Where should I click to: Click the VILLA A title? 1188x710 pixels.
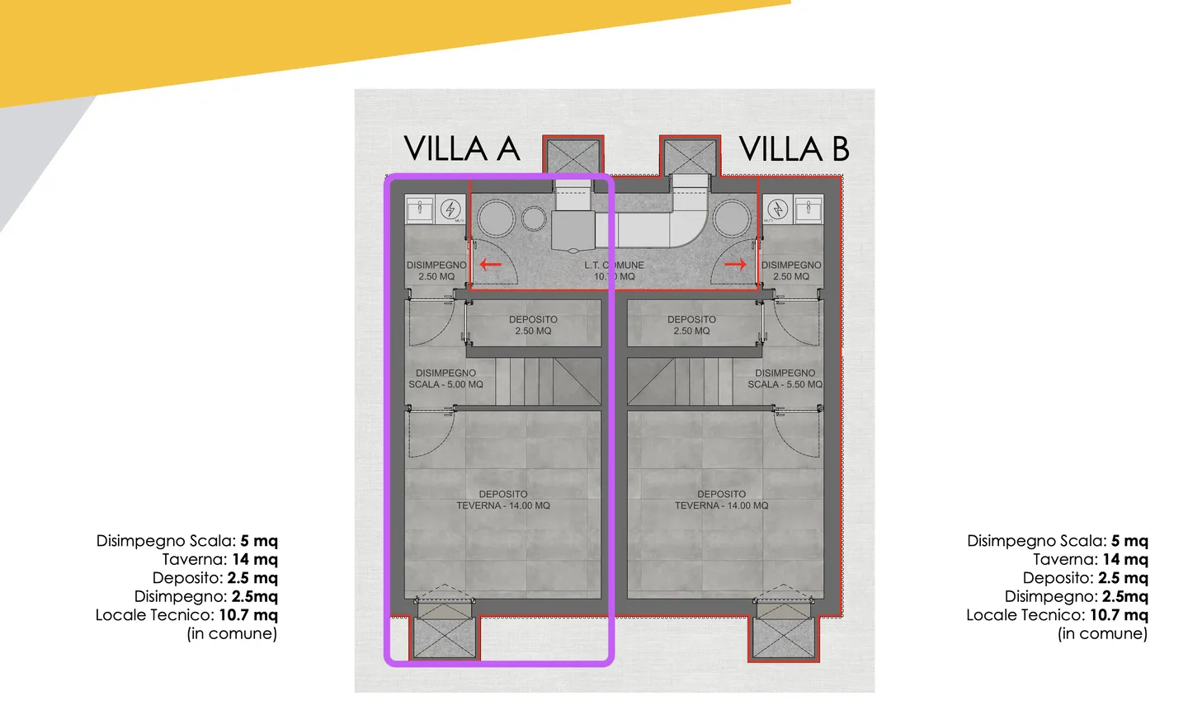[461, 149]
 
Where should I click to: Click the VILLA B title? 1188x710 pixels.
[794, 149]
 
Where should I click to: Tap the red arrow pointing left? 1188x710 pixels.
[491, 265]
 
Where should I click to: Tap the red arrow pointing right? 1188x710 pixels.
[735, 265]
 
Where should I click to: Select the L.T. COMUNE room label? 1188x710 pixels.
[614, 270]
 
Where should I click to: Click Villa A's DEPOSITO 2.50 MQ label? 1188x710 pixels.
[533, 325]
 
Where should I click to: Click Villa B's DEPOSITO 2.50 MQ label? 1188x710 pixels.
[691, 325]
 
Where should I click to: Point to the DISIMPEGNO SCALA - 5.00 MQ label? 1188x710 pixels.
[445, 379]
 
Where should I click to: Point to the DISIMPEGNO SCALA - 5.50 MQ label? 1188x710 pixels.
[785, 379]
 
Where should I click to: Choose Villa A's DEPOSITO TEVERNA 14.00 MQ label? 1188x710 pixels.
[502, 500]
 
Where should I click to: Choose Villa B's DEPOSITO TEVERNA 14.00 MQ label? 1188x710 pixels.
[721, 500]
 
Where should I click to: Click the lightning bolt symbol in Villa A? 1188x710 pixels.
[450, 209]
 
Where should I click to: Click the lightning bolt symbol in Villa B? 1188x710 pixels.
[777, 209]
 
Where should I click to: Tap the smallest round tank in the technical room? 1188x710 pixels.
[534, 219]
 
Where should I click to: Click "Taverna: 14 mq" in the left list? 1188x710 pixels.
[219, 559]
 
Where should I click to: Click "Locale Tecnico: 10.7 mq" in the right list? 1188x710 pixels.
[1057, 615]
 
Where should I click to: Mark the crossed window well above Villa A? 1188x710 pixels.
[573, 156]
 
